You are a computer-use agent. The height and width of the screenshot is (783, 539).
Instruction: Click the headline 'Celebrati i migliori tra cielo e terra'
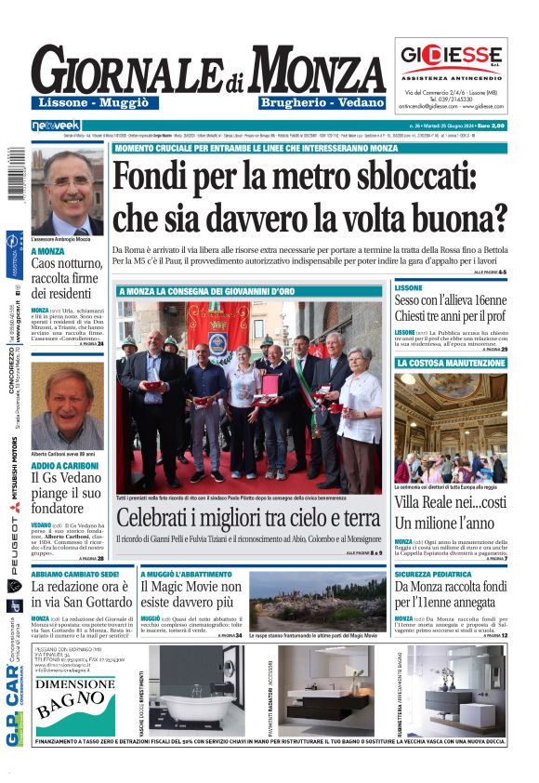click(249, 518)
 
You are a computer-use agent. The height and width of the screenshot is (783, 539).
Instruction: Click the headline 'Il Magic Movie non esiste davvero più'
click(191, 597)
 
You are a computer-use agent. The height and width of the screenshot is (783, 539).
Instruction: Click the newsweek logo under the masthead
click(56, 125)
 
